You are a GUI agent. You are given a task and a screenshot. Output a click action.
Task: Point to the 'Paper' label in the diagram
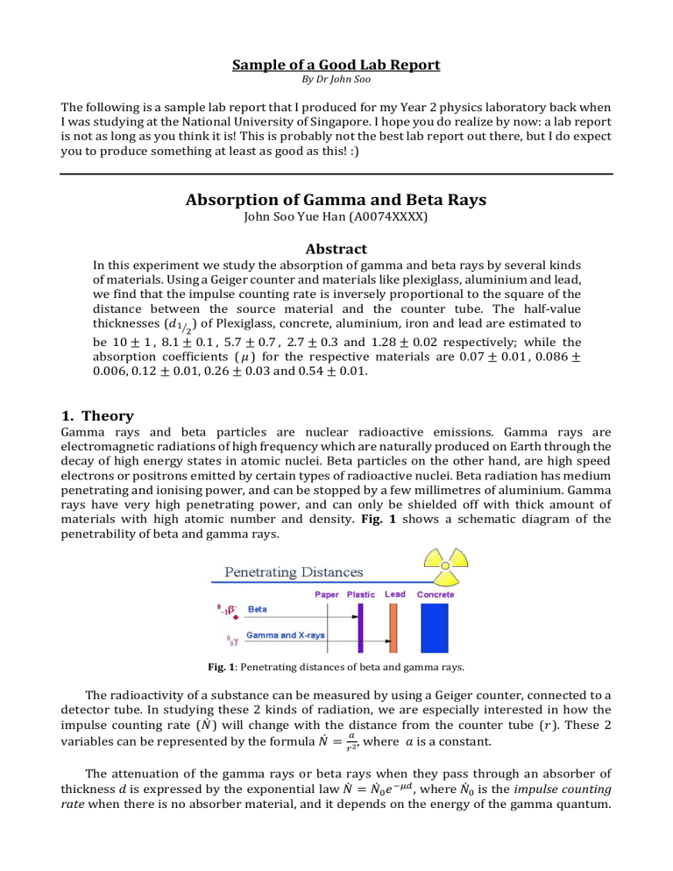328,594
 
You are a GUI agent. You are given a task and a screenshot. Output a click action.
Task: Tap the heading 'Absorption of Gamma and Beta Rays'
336,200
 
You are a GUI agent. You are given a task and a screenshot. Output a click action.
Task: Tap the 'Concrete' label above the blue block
436,594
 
